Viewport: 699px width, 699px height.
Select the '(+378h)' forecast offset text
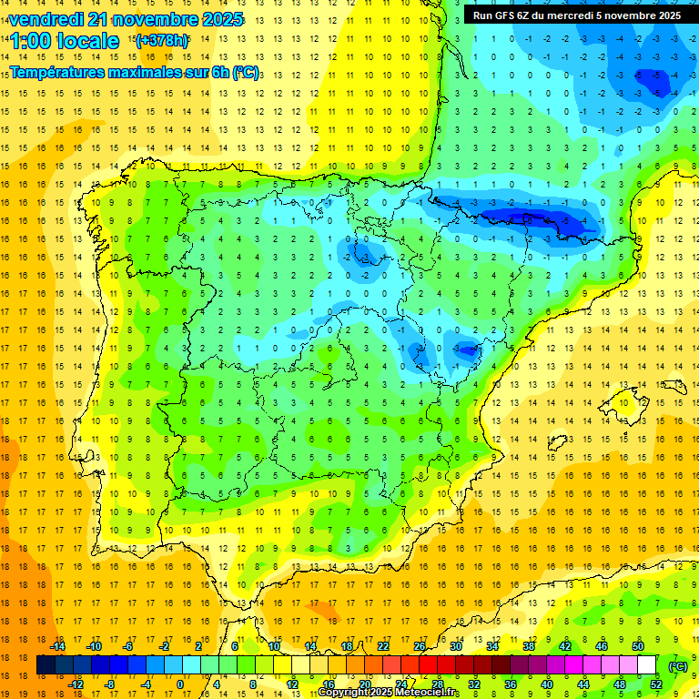click(x=161, y=40)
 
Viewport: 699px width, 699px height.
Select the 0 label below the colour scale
click(x=181, y=684)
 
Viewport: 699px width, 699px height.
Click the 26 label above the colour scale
click(x=420, y=646)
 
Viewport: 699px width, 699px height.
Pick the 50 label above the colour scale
click(x=638, y=646)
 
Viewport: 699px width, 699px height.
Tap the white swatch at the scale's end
click(x=647, y=665)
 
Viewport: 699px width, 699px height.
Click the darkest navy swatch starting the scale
click(x=46, y=665)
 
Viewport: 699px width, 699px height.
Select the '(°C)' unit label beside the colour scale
click(x=678, y=665)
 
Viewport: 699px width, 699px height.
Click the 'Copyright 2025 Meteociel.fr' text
click(x=389, y=693)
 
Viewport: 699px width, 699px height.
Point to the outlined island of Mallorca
click(x=629, y=400)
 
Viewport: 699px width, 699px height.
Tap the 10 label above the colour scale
click(x=274, y=646)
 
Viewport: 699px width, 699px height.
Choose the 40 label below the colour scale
click(x=546, y=684)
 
